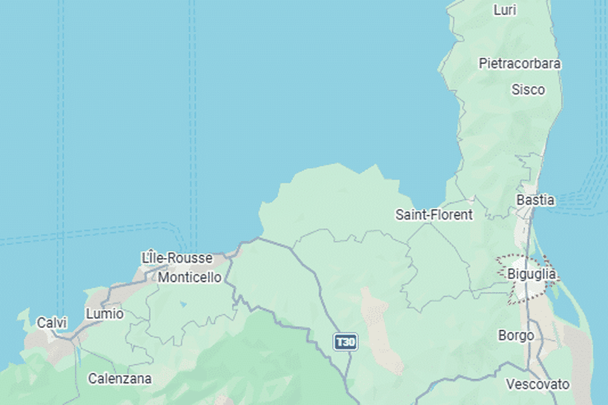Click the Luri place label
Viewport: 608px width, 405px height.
(505, 10)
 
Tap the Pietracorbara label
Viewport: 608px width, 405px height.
(520, 63)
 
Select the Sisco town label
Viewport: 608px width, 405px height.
(528, 89)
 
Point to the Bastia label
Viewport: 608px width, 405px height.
(535, 200)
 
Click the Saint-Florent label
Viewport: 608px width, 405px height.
(434, 214)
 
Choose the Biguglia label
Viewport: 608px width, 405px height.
(532, 274)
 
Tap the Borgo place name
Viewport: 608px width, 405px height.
(516, 335)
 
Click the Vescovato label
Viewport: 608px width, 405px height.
(537, 384)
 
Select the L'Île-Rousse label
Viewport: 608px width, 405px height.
(177, 258)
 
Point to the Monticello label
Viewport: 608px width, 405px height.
(190, 278)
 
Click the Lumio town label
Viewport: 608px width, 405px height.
(105, 314)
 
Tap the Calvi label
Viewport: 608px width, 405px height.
(52, 323)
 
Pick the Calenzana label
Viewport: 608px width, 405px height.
(120, 378)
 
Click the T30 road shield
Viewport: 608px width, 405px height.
(345, 342)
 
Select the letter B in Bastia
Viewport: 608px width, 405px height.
(520, 200)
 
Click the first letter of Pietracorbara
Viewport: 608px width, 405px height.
(482, 63)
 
